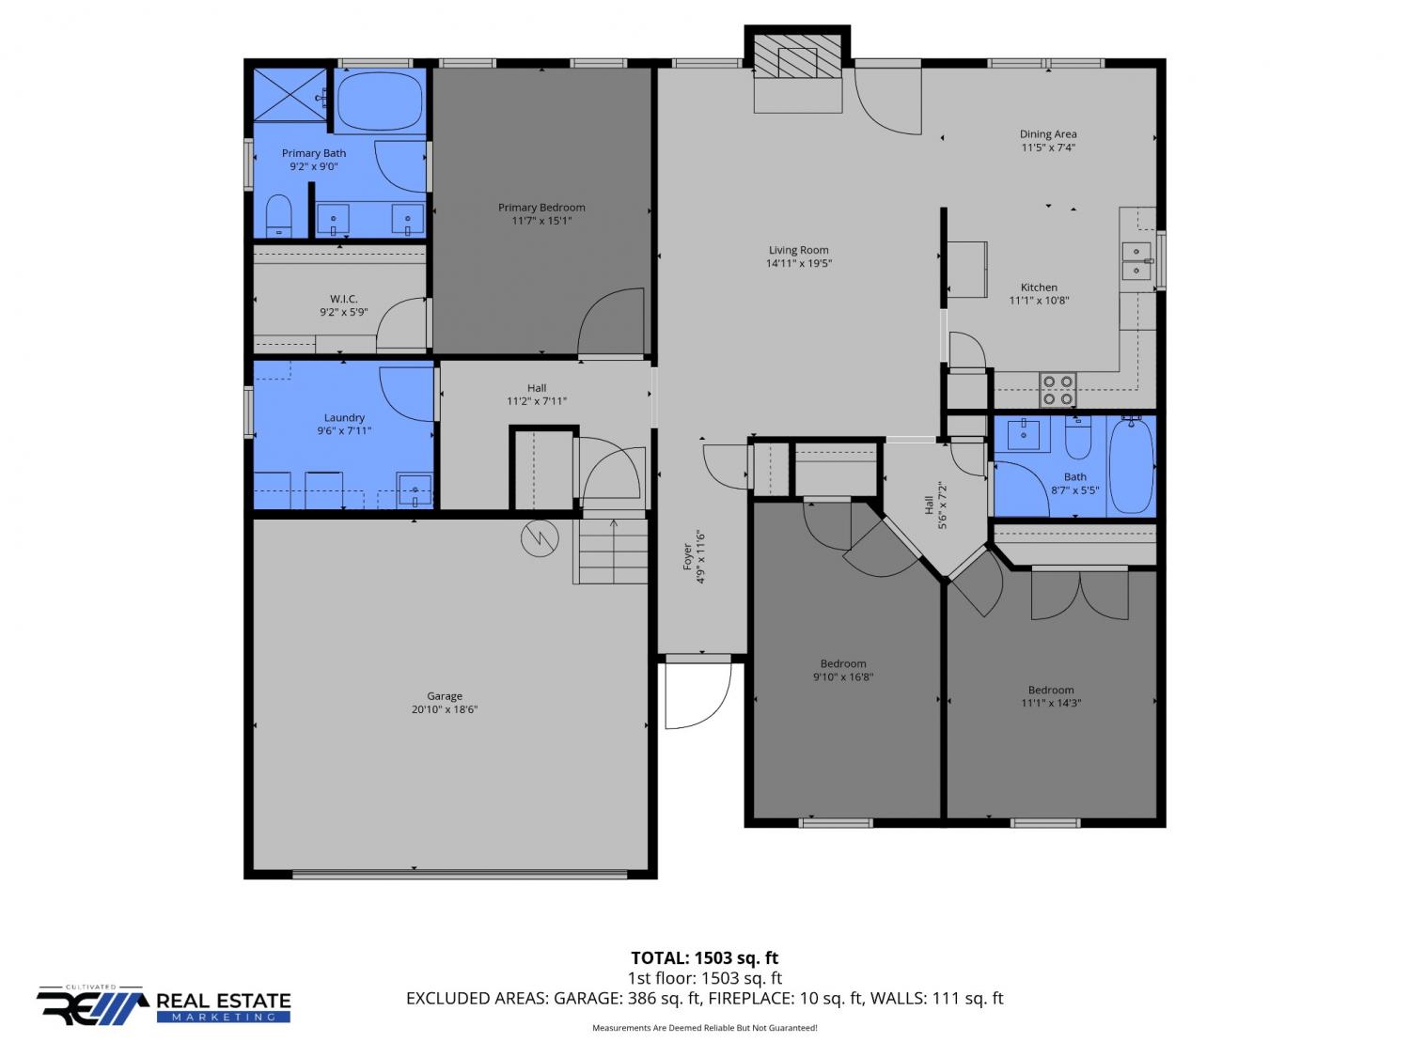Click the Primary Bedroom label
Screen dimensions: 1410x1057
click(540, 208)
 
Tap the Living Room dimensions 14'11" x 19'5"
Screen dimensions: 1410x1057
click(798, 263)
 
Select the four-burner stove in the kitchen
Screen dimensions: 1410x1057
click(1057, 390)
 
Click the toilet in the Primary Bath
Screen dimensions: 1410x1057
click(278, 215)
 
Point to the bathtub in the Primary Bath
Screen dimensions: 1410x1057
click(379, 101)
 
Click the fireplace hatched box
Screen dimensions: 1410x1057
click(796, 55)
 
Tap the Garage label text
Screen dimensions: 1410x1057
click(444, 695)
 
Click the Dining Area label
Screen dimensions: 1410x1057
click(1048, 134)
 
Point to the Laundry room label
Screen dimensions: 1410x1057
click(344, 418)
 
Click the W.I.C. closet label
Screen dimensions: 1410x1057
click(344, 299)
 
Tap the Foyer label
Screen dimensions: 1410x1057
click(687, 556)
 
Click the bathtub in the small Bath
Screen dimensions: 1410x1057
click(1131, 465)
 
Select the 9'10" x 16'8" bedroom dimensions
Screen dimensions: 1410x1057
click(843, 676)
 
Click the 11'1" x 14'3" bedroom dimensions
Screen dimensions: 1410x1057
click(1050, 703)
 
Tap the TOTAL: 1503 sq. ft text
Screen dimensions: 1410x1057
click(704, 957)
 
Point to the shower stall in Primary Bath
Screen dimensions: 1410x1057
click(290, 94)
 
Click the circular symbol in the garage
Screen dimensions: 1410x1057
click(540, 538)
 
